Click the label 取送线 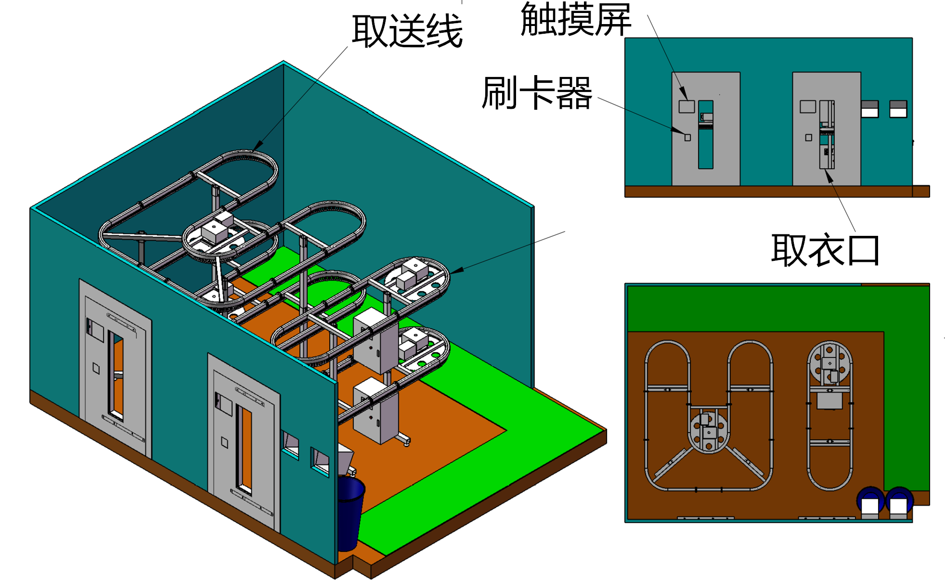point(407,32)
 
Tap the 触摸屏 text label point(576,20)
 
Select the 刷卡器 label point(537,93)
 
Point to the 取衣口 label point(825,250)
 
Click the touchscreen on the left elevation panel point(686,106)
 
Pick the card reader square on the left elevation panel point(687,138)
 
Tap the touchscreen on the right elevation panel point(807,106)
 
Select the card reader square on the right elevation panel point(809,138)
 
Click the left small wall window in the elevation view point(869,109)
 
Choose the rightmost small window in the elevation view point(898,109)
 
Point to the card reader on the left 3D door point(96,369)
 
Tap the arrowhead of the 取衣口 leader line point(828,176)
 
